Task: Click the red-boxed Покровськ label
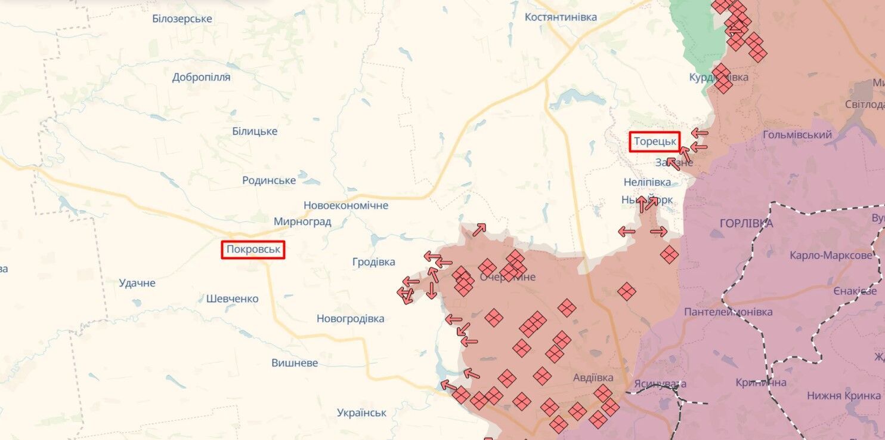tap(253, 250)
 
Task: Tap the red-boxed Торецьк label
tap(655, 141)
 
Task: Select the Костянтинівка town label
tap(561, 17)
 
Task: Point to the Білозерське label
tap(182, 19)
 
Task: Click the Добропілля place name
tap(201, 77)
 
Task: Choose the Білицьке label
tap(255, 131)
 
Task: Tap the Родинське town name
tap(269, 180)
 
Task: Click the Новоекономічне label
tap(346, 205)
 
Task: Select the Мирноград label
tap(302, 222)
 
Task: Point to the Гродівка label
tap(373, 262)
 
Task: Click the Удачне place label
tap(137, 283)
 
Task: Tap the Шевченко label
tap(232, 299)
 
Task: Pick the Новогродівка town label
tap(351, 319)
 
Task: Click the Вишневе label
tap(295, 363)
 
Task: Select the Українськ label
tap(361, 413)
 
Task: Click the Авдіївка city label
tap(593, 378)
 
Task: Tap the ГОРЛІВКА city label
tap(746, 224)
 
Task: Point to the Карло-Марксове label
tap(830, 256)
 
